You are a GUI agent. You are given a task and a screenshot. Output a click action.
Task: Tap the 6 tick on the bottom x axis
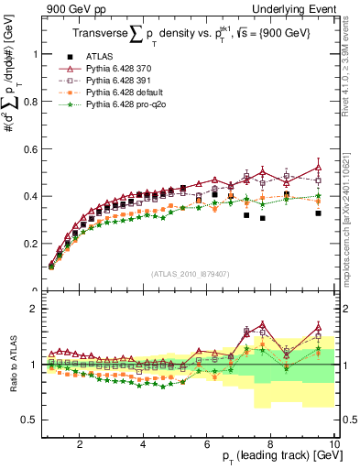pyautogui.click(x=207, y=444)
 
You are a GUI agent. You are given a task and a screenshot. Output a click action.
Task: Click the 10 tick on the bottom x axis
pyautogui.click(x=333, y=444)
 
